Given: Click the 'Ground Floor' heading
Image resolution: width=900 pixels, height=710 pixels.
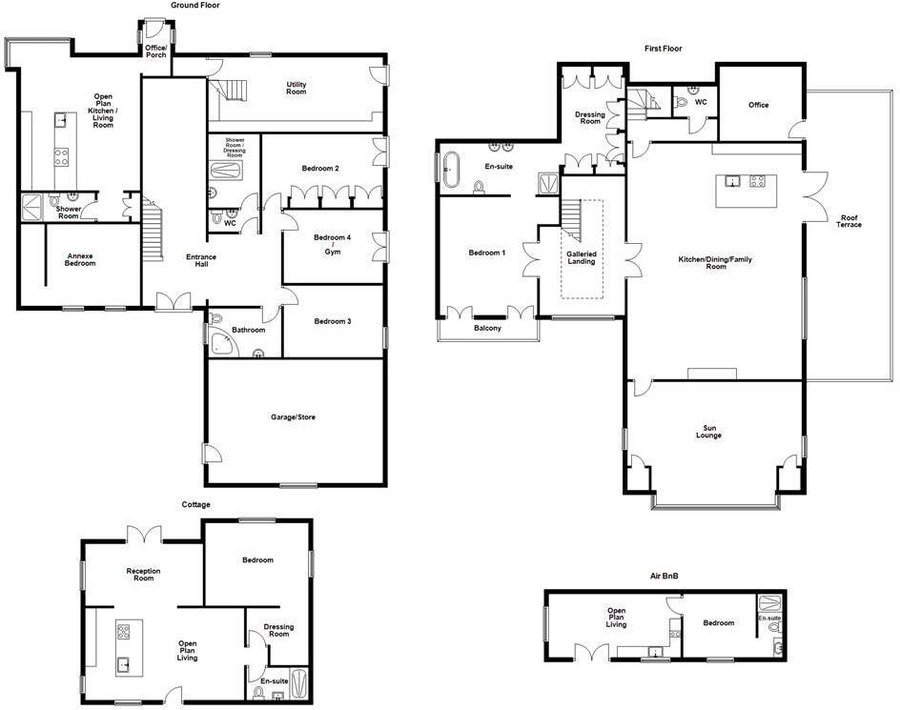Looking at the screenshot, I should pyautogui.click(x=195, y=5).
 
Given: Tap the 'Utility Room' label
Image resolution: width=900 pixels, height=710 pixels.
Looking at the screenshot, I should pyautogui.click(x=297, y=88).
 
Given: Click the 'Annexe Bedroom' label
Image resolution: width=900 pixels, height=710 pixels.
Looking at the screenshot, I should pyautogui.click(x=80, y=258).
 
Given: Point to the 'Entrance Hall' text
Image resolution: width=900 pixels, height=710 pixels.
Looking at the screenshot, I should pyautogui.click(x=201, y=260).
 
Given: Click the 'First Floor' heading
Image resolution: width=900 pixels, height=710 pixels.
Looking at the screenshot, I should pyautogui.click(x=663, y=48).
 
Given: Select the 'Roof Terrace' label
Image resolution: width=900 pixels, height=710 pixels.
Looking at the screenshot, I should pyautogui.click(x=849, y=221).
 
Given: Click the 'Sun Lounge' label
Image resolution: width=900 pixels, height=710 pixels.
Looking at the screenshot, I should pyautogui.click(x=707, y=433).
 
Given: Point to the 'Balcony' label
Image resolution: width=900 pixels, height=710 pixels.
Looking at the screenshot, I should pyautogui.click(x=487, y=329).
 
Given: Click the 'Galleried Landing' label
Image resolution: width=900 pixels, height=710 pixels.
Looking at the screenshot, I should pyautogui.click(x=582, y=258).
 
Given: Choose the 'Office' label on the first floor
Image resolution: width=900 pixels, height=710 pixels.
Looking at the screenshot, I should pyautogui.click(x=758, y=105).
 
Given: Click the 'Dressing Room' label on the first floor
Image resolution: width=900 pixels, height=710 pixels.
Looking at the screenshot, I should pyautogui.click(x=590, y=118).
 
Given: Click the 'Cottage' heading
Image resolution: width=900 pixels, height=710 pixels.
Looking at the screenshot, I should pyautogui.click(x=196, y=504).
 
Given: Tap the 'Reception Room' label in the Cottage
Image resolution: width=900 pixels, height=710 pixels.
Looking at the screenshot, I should pyautogui.click(x=143, y=574).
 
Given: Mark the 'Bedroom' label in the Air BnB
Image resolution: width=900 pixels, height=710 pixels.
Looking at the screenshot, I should pyautogui.click(x=719, y=623).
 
